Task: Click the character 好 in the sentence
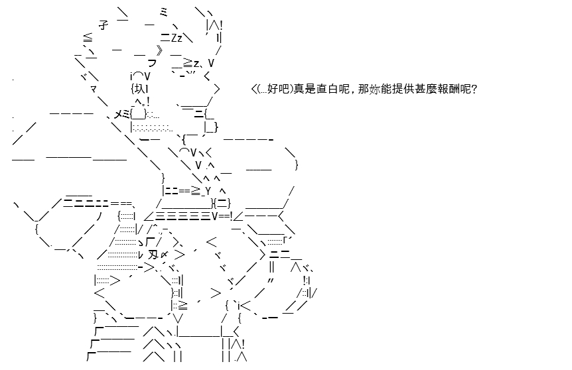[273, 89]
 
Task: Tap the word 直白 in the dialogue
[328, 89]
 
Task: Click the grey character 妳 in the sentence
[375, 89]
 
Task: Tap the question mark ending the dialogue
[474, 89]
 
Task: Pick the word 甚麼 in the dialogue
[426, 89]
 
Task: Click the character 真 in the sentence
[299, 89]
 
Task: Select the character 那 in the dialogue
[364, 89]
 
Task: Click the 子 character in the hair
[104, 25]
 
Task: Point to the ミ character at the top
[163, 13]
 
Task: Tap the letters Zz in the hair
[177, 38]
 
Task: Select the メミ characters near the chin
[122, 114]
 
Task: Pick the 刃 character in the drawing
[153, 255]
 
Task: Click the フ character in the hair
[152, 63]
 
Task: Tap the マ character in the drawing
[94, 89]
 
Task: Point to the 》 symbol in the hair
[159, 50]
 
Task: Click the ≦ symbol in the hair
[88, 38]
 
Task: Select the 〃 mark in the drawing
[271, 280]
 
